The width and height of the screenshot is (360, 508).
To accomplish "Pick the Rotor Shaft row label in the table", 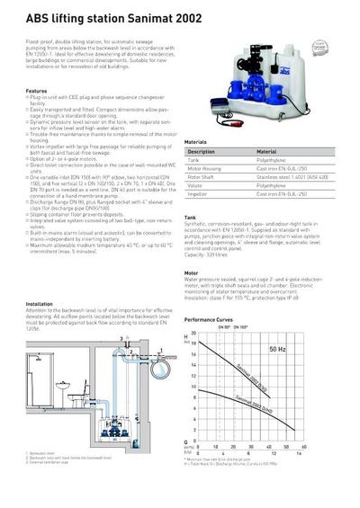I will point(201,176).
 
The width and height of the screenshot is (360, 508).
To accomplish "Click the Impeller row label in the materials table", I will point(197,193).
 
